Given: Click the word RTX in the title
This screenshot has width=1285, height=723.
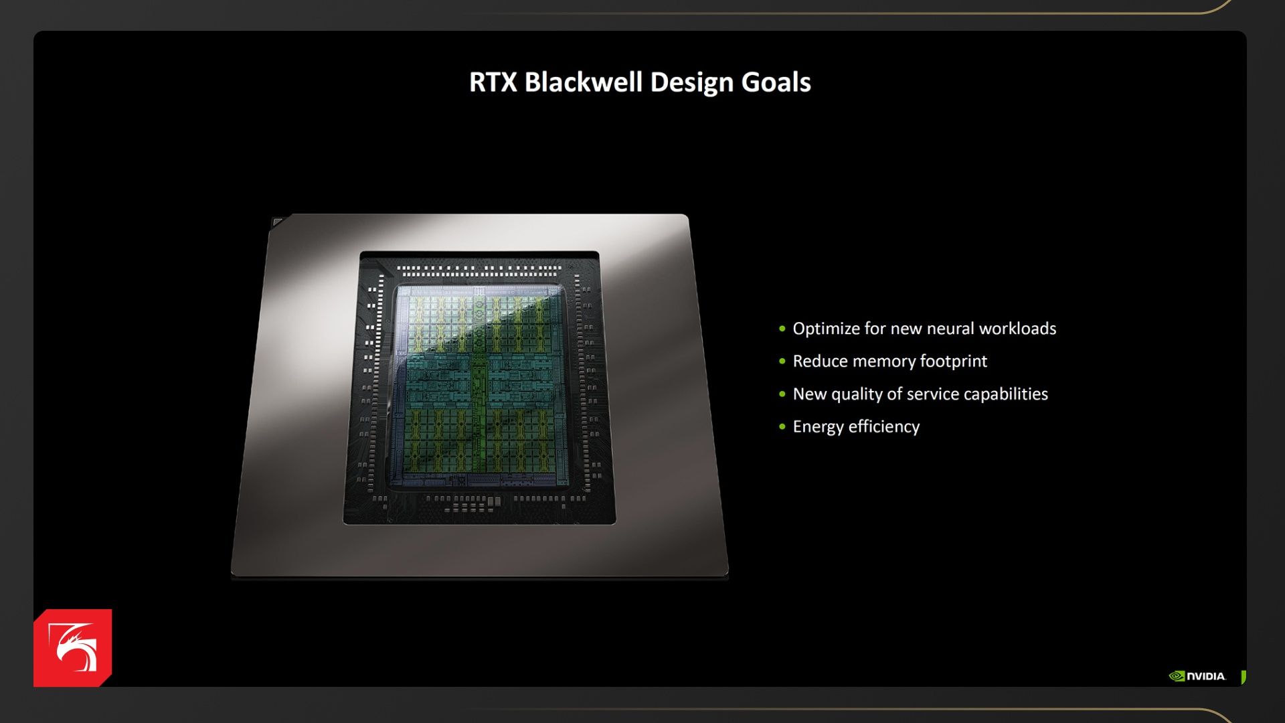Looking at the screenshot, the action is click(493, 82).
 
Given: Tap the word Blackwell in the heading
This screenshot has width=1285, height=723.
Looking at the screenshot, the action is click(584, 82).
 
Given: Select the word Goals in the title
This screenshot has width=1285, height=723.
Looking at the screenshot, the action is click(776, 82).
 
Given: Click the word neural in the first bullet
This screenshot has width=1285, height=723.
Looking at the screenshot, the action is click(950, 329).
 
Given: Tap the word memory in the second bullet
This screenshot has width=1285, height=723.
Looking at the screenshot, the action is click(883, 362).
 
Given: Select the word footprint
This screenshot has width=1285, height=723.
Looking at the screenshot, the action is click(954, 361).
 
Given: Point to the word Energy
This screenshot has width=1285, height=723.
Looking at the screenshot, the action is click(818, 428).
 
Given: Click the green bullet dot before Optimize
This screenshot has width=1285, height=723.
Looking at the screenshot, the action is click(782, 329).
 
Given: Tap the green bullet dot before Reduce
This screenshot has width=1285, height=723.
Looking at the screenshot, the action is click(782, 361).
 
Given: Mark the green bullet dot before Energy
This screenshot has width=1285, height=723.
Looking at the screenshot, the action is click(782, 426).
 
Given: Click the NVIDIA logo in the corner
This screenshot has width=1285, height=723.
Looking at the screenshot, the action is click(1197, 676).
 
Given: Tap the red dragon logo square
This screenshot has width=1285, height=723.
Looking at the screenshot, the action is click(72, 648).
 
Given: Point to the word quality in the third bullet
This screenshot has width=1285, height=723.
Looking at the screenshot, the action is click(857, 395).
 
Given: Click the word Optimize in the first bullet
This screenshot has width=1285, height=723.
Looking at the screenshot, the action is click(826, 329).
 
